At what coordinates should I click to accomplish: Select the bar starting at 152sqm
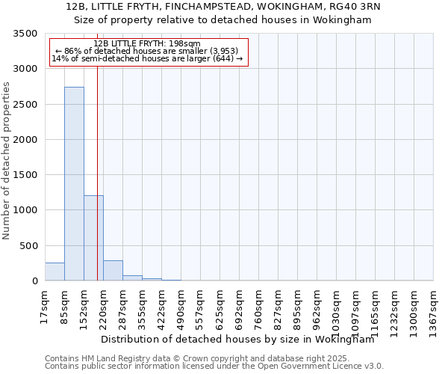(x=93, y=238)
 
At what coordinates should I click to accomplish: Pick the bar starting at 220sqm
(x=113, y=271)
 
